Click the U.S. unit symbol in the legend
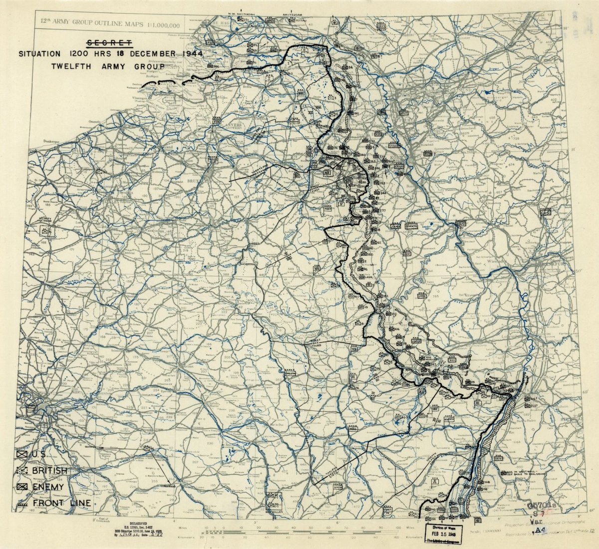click(21, 455)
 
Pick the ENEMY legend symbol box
click(21, 487)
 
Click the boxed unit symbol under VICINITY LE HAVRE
click(47, 231)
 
